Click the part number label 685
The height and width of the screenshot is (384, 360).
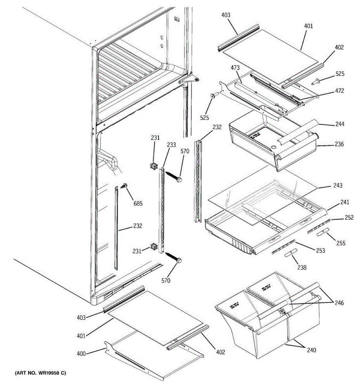tap(138, 203)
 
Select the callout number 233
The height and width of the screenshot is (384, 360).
tap(171, 145)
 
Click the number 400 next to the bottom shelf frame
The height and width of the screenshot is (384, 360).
tap(81, 354)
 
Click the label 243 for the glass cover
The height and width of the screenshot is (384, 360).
tap(338, 185)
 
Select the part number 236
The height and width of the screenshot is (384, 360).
tap(339, 144)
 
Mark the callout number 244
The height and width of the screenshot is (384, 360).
tap(340, 124)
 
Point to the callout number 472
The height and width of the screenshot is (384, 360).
tap(340, 91)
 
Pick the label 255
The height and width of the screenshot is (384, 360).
tap(341, 243)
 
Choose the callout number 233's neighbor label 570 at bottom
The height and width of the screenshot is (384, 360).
tap(166, 281)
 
